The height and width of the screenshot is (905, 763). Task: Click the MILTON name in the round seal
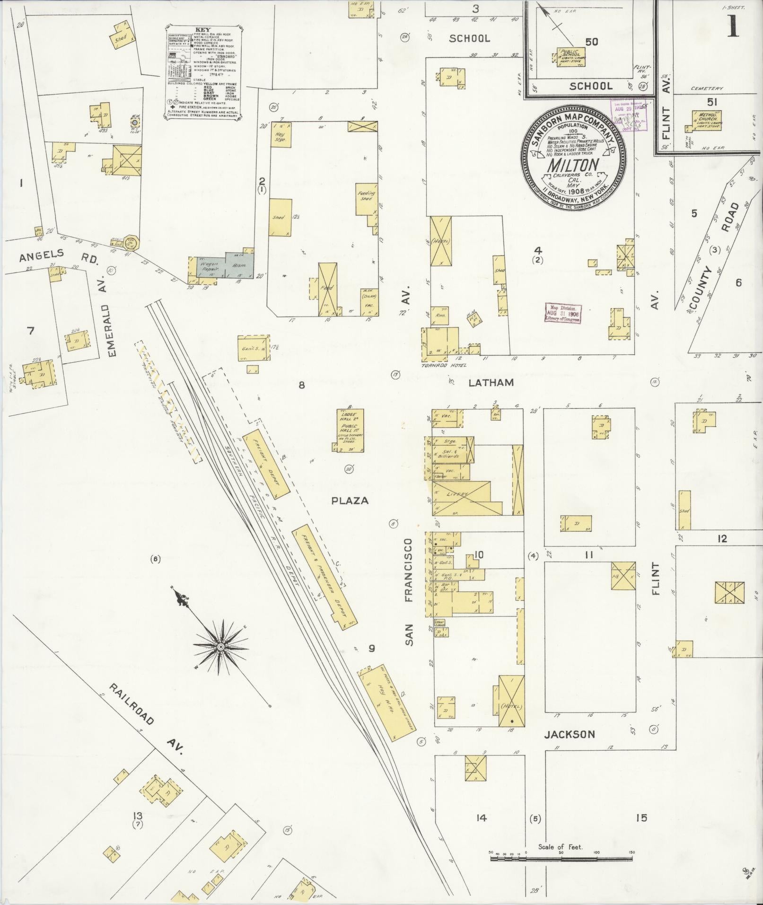tap(573, 166)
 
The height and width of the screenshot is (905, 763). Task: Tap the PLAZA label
tap(350, 501)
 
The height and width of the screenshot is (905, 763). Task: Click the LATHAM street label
tap(491, 382)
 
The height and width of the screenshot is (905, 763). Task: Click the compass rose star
tap(220, 646)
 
